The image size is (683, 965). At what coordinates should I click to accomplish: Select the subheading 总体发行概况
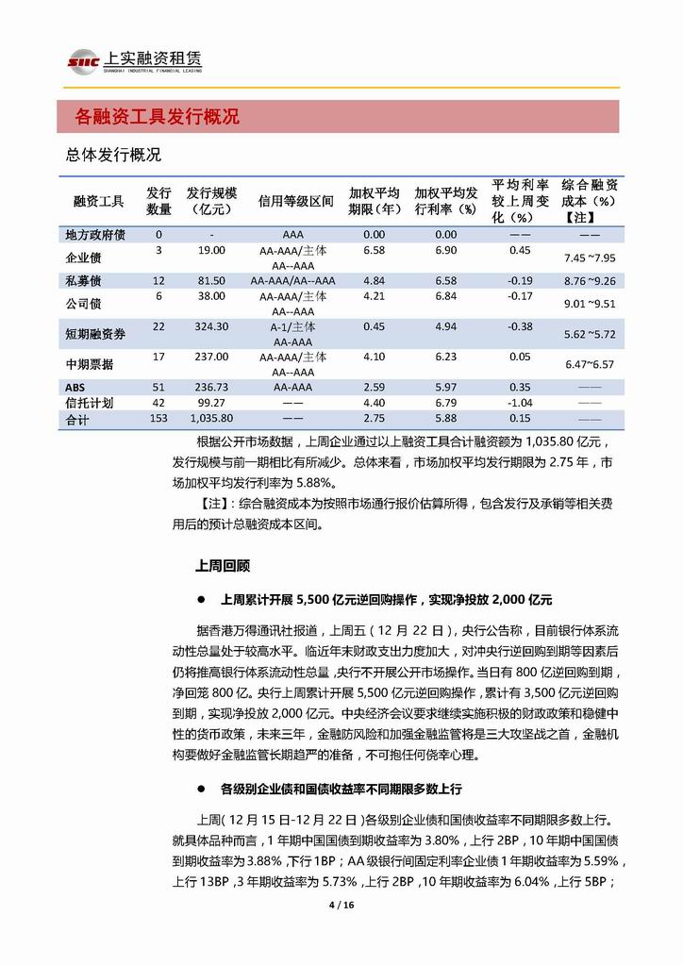pos(113,154)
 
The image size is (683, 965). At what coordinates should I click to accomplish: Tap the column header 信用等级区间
pos(295,201)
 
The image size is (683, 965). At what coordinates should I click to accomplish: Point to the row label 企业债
pos(83,257)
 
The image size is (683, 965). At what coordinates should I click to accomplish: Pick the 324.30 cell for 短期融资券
pos(208,326)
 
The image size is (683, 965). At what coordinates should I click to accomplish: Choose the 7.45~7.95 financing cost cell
pos(590,258)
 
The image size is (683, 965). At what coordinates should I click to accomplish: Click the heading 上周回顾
pos(222,565)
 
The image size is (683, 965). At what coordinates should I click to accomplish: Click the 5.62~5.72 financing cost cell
pos(589,334)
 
